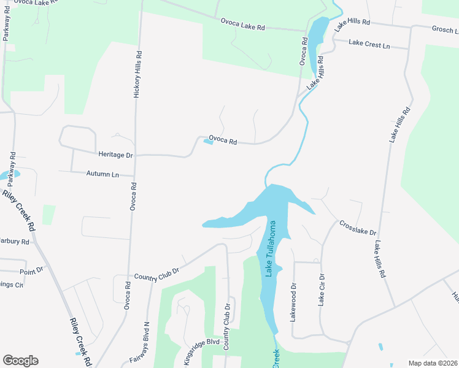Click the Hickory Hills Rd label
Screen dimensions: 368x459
click(138, 74)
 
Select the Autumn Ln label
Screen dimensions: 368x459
click(102, 174)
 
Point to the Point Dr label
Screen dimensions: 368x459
click(31, 270)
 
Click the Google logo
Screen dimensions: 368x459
click(20, 361)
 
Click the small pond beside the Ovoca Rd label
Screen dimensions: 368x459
click(208, 143)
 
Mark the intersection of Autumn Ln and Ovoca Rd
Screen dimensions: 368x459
click(134, 176)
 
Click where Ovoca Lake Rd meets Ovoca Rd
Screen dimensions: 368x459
click(305, 31)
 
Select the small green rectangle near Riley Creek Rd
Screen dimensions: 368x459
click(48, 215)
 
